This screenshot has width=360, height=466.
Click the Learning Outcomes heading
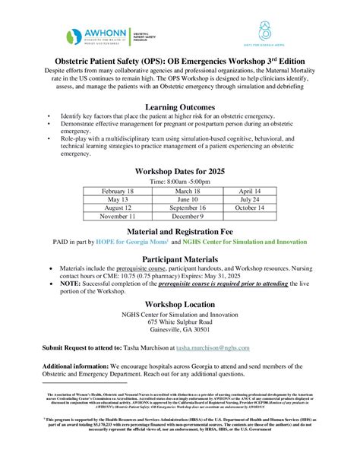click(x=180, y=108)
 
